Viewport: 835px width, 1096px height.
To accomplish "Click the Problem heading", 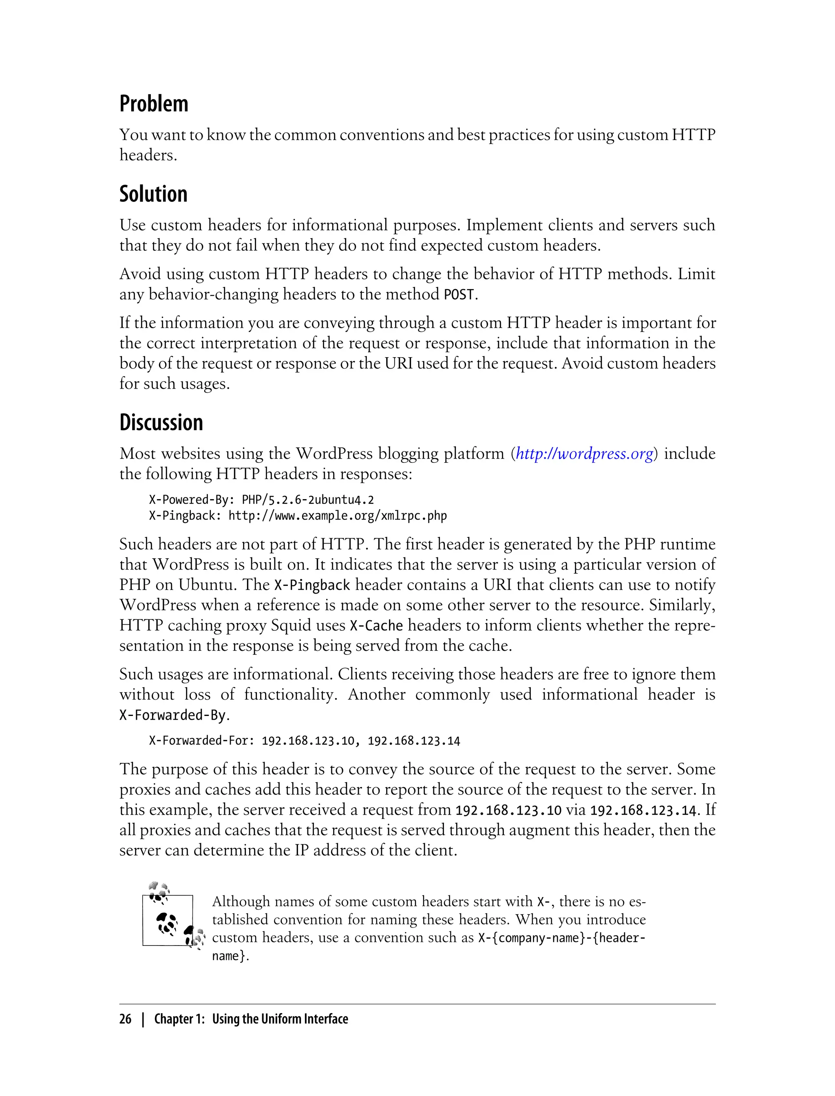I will coord(154,104).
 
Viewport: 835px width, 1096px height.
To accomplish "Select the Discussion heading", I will coord(161,422).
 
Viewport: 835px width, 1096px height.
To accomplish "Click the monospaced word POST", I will coord(459,295).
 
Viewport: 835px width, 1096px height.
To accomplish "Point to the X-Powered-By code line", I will coord(261,499).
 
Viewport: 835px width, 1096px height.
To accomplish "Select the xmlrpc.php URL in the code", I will coord(338,516).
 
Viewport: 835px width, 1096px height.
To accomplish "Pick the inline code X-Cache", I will coord(376,626).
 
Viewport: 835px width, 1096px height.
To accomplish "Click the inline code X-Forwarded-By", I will coord(172,715).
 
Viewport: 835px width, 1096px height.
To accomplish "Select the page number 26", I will coord(125,1019).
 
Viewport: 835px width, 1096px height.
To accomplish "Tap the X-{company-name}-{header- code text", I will coord(562,938).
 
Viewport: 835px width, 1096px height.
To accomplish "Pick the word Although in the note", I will coord(241,901).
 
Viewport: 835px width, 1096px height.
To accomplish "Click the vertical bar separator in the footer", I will coord(143,1019).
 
